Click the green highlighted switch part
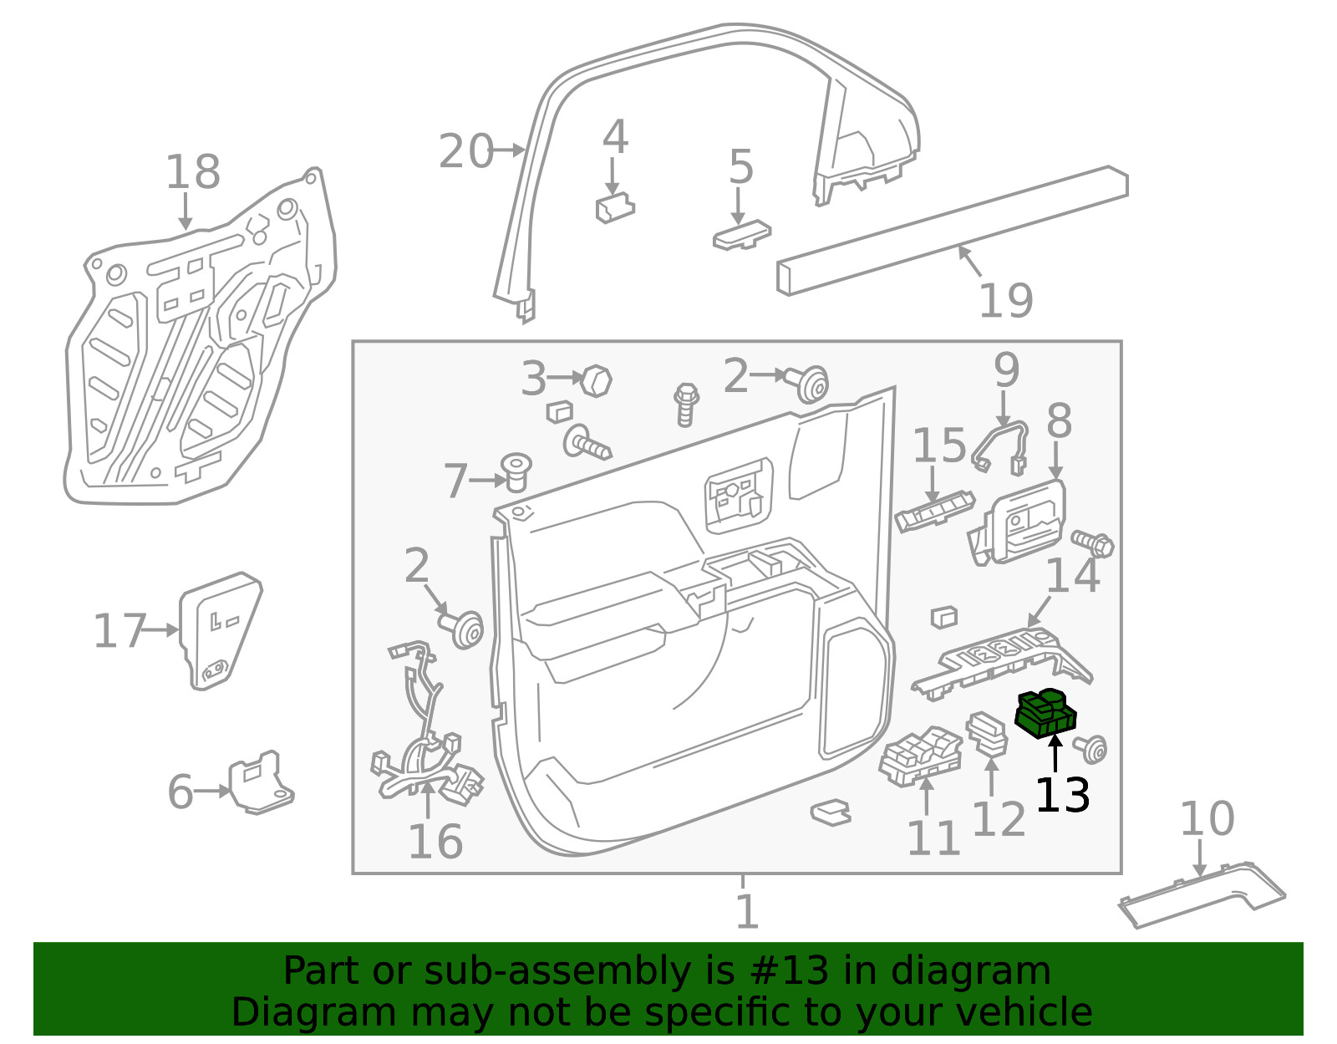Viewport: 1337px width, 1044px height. point(1045,714)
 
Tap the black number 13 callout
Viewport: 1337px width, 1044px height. point(1063,796)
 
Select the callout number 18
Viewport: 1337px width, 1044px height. point(192,171)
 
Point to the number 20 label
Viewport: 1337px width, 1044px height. point(465,150)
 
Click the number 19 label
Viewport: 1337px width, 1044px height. point(1005,300)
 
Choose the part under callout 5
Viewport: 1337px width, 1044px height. point(741,235)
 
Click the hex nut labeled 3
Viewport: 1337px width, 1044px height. point(596,381)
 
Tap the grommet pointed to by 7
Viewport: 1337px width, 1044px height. point(516,472)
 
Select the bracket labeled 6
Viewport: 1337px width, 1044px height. point(262,783)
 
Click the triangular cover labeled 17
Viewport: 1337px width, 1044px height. point(220,631)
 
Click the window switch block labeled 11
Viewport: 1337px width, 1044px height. point(920,757)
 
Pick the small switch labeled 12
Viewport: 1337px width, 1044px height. point(987,734)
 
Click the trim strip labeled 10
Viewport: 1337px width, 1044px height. point(1202,895)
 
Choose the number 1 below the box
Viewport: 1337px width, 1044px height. point(747,911)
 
